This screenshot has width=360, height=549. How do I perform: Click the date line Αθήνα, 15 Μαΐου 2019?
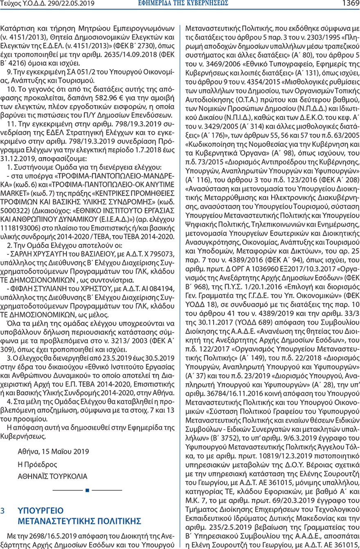tap(53, 452)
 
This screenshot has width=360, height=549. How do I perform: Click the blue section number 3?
tap(4, 511)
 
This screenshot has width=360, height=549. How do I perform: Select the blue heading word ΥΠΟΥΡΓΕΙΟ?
tap(41, 511)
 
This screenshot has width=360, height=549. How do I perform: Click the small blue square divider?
tap(87, 490)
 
